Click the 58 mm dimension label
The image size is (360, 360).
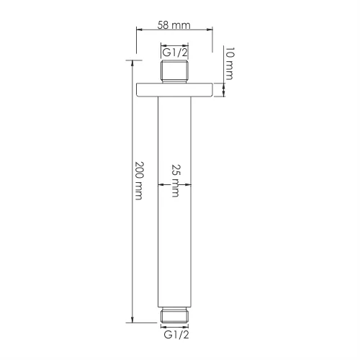click(x=174, y=24)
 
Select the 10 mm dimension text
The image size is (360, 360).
click(x=230, y=63)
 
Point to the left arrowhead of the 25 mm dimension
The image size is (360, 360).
click(x=161, y=184)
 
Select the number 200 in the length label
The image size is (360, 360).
click(x=138, y=170)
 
